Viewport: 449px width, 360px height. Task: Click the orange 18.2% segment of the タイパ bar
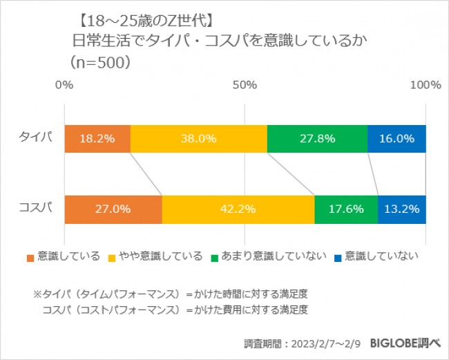click(97, 139)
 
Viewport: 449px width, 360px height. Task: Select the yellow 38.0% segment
click(198, 139)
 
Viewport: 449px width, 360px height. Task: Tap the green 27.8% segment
click(317, 139)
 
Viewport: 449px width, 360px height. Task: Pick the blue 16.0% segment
click(397, 139)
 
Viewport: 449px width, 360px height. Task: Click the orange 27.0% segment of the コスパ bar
click(113, 209)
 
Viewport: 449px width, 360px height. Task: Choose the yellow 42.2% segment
click(238, 209)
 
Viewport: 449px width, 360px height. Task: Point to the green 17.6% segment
click(346, 209)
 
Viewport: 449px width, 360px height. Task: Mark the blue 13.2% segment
click(402, 209)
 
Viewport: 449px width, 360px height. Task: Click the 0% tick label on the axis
click(64, 85)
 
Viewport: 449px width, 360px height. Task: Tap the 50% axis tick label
click(245, 85)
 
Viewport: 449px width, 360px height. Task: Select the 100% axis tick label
click(425, 85)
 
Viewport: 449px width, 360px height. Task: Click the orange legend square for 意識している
click(30, 258)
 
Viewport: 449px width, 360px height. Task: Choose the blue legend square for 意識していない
click(336, 258)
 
